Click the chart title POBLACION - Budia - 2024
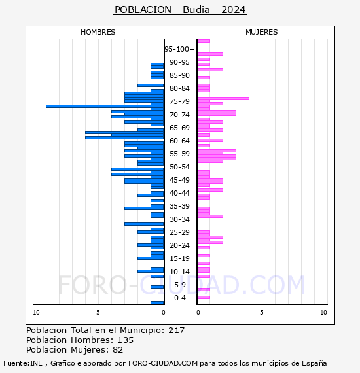pyautogui.click(x=180, y=10)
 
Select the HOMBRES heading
pyautogui.click(x=98, y=32)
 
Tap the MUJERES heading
pyautogui.click(x=262, y=32)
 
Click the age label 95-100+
pyautogui.click(x=179, y=49)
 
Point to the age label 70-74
pyautogui.click(x=179, y=115)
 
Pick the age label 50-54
pyautogui.click(x=179, y=167)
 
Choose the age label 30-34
pyautogui.click(x=179, y=219)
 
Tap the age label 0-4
pyautogui.click(x=180, y=298)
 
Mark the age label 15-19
pyautogui.click(x=179, y=258)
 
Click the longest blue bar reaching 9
pyautogui.click(x=105, y=106)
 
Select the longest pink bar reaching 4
pyautogui.click(x=223, y=98)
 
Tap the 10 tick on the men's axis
pyautogui.click(x=36, y=313)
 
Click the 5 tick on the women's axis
pyautogui.click(x=262, y=313)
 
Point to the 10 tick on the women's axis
pyautogui.click(x=323, y=313)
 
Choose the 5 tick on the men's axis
pyautogui.click(x=98, y=313)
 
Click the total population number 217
pyautogui.click(x=176, y=330)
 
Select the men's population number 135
pyautogui.click(x=126, y=340)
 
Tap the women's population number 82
pyautogui.click(x=118, y=350)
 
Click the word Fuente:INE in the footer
pyautogui.click(x=23, y=363)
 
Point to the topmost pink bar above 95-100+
pyautogui.click(x=204, y=41)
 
